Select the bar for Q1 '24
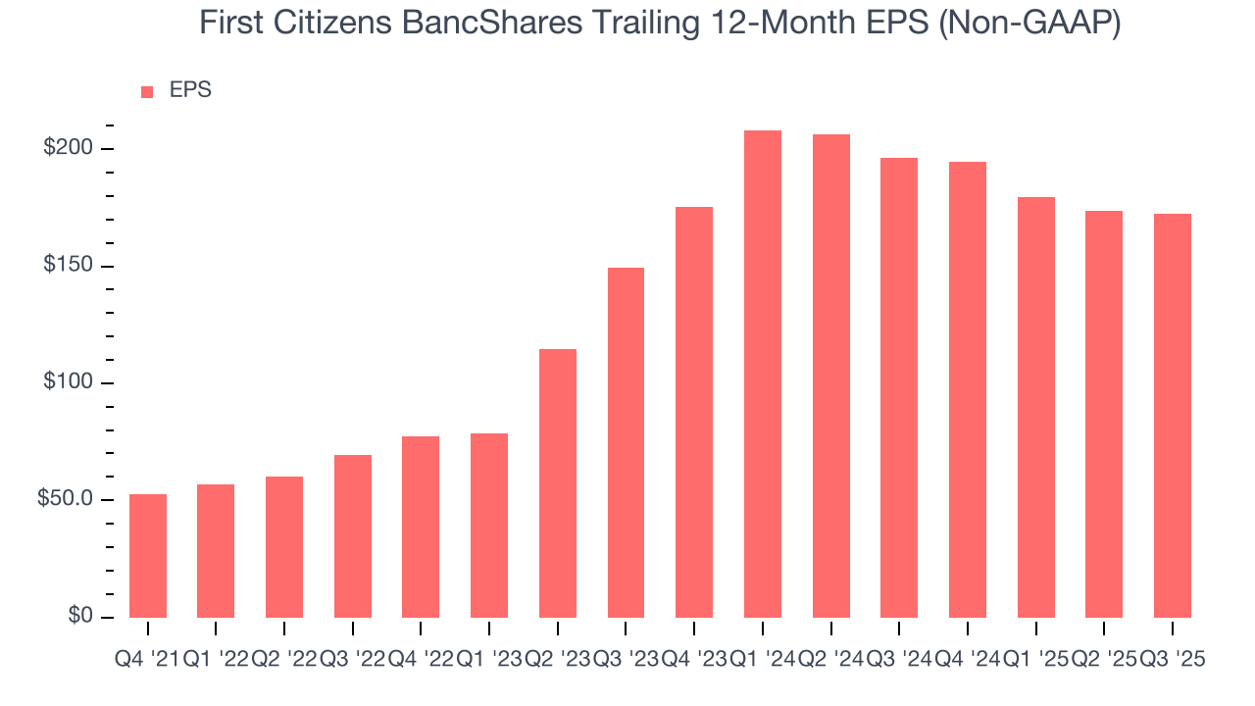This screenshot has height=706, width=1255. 763,374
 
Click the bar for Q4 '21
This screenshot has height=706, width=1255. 148,555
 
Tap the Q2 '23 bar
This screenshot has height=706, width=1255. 558,482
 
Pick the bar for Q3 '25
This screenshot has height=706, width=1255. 1173,415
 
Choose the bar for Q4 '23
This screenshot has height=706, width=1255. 694,412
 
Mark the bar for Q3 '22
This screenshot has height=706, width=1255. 353,535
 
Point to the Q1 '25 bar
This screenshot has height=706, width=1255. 1036,407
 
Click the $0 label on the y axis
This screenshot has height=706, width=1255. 80,617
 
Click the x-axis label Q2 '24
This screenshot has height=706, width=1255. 830,660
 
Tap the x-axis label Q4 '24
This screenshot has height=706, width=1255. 968,660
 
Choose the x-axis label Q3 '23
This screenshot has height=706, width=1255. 626,660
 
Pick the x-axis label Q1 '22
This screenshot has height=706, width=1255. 216,660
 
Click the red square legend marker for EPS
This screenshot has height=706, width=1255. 147,91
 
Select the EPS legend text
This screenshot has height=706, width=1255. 190,90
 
